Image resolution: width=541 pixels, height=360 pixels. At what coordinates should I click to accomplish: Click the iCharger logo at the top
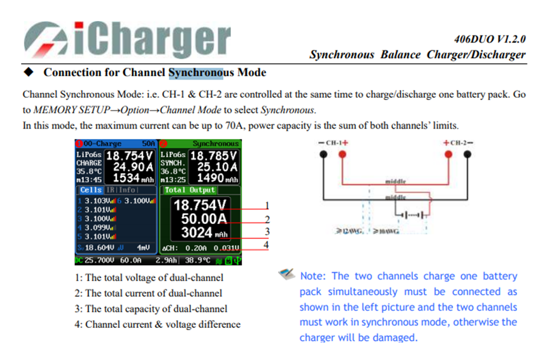point(127,39)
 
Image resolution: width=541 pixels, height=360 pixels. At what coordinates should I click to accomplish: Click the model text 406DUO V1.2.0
point(490,40)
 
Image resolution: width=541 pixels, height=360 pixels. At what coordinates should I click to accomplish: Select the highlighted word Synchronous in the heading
point(196,72)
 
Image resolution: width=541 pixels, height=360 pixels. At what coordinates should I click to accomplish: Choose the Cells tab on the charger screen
point(91,190)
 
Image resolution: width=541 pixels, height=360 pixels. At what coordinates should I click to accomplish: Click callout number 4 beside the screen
point(266,244)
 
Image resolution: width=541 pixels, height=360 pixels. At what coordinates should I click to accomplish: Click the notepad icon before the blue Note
point(286,274)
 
